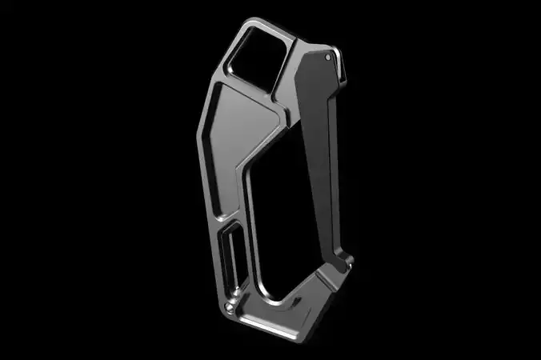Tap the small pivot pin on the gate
(329, 57)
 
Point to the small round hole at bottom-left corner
(231, 305)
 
